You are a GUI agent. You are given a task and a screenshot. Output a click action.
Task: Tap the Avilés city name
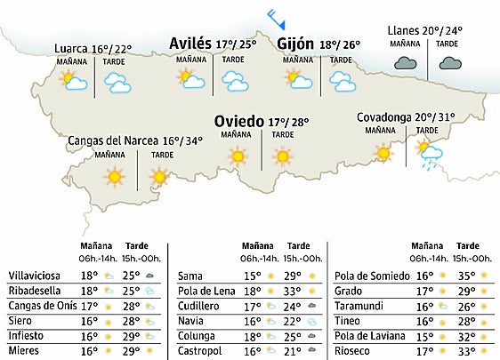click(190, 44)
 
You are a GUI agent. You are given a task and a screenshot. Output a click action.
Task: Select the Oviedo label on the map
click(238, 122)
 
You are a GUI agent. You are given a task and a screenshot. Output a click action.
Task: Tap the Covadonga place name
click(384, 117)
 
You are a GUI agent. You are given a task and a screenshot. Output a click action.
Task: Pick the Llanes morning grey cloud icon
click(407, 63)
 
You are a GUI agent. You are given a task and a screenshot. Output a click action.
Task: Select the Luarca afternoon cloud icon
click(116, 83)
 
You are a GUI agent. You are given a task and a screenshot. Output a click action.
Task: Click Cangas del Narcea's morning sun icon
click(114, 177)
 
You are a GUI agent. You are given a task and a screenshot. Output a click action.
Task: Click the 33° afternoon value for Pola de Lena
click(293, 291)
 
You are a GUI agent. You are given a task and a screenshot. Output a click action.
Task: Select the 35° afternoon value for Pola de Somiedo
click(462, 276)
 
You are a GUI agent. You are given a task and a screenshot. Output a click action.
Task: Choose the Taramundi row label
click(358, 306)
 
